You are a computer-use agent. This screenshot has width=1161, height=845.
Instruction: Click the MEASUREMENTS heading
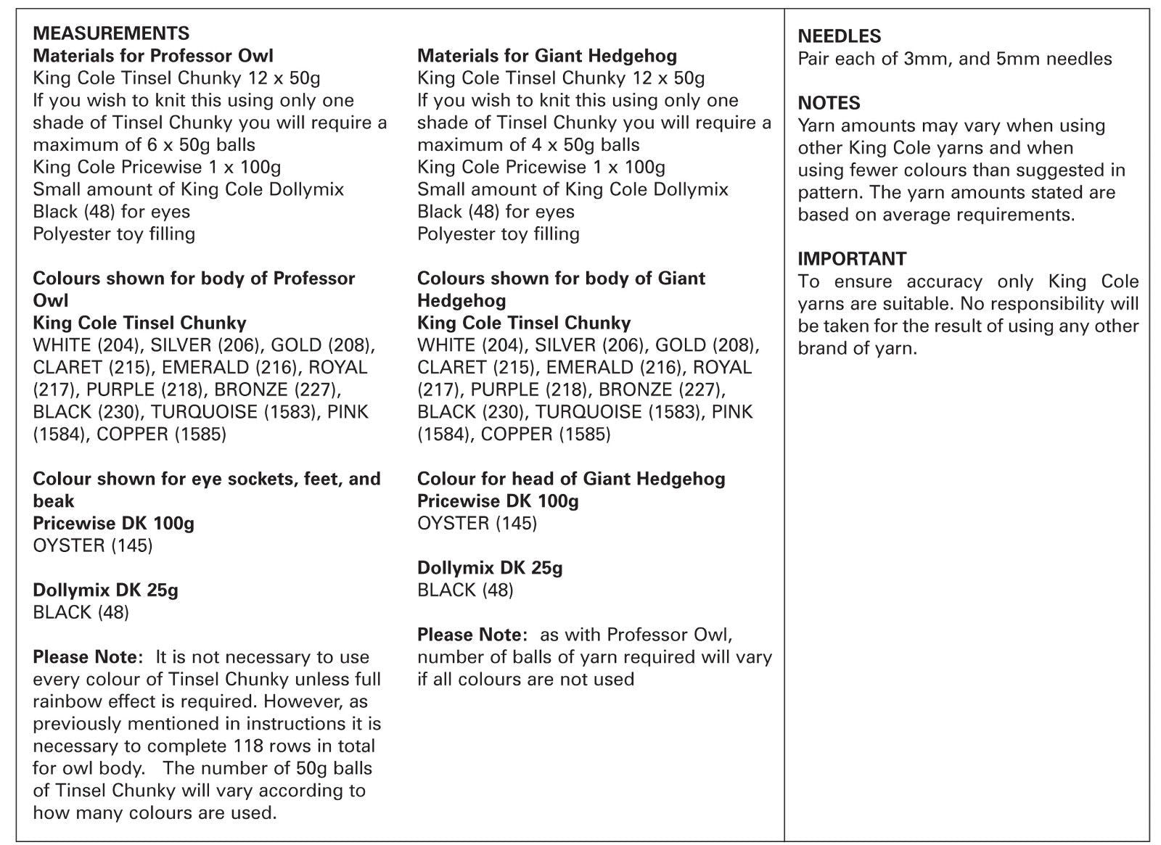111,33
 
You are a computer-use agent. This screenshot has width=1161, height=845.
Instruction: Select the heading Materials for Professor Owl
153,56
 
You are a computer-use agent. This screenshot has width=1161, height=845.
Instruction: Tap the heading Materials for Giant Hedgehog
547,56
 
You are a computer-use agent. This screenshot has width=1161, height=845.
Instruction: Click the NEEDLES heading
839,36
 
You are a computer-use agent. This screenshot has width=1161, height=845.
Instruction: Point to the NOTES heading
829,103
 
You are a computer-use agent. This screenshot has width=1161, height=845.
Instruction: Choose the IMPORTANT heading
852,259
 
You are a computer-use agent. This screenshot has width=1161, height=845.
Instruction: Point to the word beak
54,501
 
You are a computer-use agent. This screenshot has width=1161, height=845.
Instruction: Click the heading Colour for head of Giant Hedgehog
571,479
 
